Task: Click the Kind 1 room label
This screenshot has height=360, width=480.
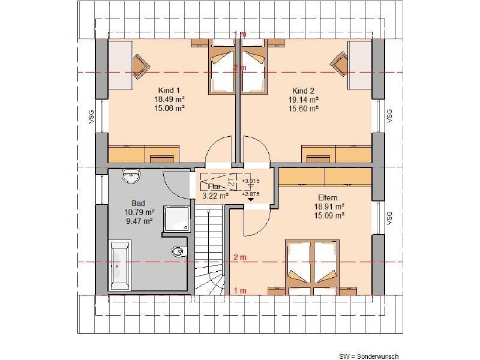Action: [169, 91]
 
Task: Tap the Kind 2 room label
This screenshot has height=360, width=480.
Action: [303, 91]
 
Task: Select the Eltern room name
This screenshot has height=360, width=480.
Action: [328, 197]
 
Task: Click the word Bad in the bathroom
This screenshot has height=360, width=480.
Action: [138, 203]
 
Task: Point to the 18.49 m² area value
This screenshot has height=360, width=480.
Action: [169, 99]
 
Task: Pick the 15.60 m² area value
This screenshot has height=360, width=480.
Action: [304, 109]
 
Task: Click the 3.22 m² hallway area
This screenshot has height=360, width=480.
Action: [215, 196]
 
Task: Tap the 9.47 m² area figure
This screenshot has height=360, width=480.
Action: [139, 221]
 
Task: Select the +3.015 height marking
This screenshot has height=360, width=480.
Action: [250, 181]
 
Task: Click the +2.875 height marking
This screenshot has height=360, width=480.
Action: [250, 194]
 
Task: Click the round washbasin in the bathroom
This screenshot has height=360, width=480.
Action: [131, 176]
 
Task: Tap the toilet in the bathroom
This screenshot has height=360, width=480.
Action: [179, 251]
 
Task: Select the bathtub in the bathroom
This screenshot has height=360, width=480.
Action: [119, 265]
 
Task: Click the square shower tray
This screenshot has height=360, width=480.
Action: [177, 218]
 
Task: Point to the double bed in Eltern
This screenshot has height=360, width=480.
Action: [312, 267]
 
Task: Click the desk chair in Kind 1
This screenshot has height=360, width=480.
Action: [141, 65]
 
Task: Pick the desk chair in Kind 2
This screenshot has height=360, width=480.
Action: [339, 64]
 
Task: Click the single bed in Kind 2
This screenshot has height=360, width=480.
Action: [253, 66]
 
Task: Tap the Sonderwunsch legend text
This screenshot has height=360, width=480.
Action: [369, 356]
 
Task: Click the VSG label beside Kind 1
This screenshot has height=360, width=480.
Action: [91, 116]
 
